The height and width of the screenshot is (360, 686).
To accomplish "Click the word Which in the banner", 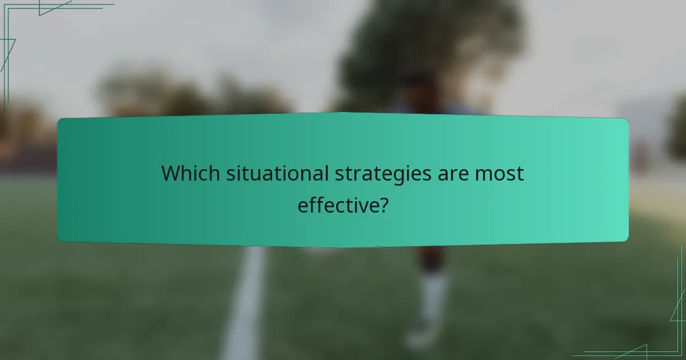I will coord(187,173).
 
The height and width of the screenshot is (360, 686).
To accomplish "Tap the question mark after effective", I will coord(384,204).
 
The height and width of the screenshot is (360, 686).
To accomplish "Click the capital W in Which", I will coord(170,173).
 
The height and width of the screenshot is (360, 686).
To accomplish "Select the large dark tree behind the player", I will coord(434,46).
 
